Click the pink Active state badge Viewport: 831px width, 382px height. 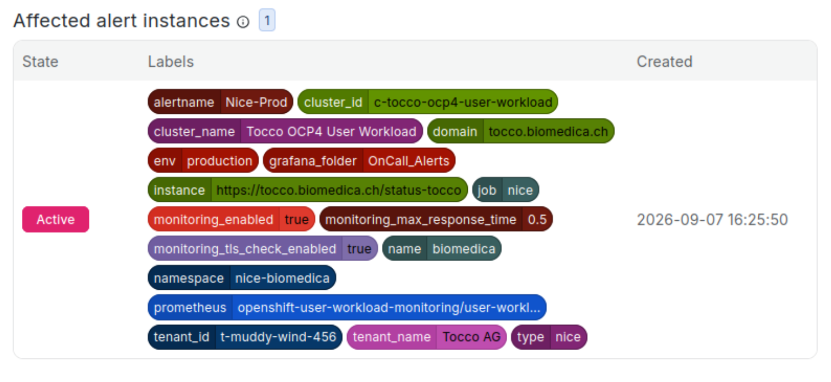point(56,219)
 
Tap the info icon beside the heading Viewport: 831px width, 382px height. point(243,22)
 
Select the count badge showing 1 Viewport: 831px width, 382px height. point(267,20)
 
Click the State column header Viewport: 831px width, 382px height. point(40,61)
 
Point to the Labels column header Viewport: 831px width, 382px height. point(171,61)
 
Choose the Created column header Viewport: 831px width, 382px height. point(664,61)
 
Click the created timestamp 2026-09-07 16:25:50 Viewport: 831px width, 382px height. point(712,219)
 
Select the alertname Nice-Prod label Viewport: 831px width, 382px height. point(221,102)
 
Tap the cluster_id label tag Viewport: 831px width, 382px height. point(428,102)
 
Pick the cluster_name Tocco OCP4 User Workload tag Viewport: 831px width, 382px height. point(285,131)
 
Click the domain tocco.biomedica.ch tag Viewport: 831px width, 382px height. point(521,131)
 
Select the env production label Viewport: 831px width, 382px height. point(203,161)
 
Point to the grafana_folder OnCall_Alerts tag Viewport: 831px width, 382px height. point(359,161)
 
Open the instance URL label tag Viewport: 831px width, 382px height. point(308,190)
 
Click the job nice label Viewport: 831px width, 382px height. point(505,190)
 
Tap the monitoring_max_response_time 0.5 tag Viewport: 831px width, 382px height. point(436,219)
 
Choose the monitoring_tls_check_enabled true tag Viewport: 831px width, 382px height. point(262,249)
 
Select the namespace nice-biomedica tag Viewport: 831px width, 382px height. point(242,278)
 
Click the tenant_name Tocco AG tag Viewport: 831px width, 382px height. point(426,337)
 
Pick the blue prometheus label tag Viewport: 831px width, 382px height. point(347,307)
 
